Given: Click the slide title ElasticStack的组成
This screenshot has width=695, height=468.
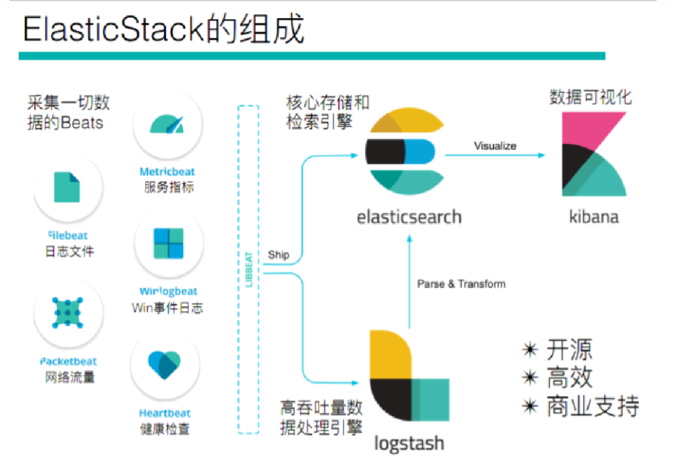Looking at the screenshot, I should tap(163, 31).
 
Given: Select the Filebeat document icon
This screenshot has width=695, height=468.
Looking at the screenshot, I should tap(68, 186).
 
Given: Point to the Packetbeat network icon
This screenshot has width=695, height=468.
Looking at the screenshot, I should tap(68, 312).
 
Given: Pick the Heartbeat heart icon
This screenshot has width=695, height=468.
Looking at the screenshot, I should tap(165, 365).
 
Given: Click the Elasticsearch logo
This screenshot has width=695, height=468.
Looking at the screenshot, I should tap(401, 153).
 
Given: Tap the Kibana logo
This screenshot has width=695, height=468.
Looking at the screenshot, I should tap(593, 154).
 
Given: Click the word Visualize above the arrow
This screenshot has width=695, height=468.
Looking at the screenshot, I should tap(495, 146).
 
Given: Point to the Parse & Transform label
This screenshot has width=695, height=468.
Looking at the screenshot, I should tap(461, 284).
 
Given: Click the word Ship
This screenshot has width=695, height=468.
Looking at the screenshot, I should tap(279, 255).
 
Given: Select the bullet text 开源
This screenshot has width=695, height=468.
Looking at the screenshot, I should tap(569, 350).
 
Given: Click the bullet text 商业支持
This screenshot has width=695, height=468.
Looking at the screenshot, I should tap(592, 406).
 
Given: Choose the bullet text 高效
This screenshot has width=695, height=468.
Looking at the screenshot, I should tap(569, 379).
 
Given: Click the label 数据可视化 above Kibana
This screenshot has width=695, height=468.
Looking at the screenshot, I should tap(590, 97).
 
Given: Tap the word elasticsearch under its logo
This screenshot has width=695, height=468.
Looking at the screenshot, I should tap(409, 216).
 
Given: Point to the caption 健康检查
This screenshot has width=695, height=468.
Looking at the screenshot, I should tap(165, 428).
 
